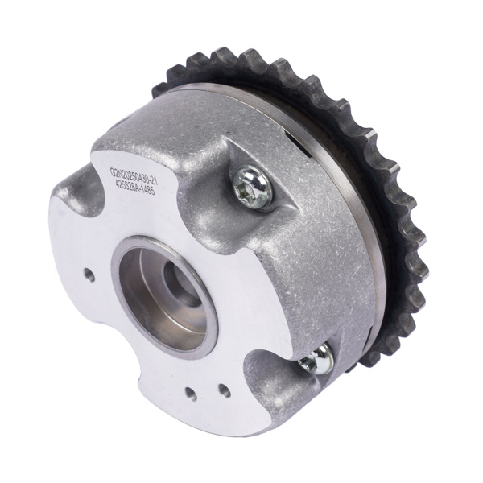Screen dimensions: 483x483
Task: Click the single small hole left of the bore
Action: click(89, 275)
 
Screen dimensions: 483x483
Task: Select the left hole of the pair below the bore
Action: click(192, 395)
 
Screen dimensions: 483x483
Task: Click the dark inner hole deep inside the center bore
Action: click(178, 283)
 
